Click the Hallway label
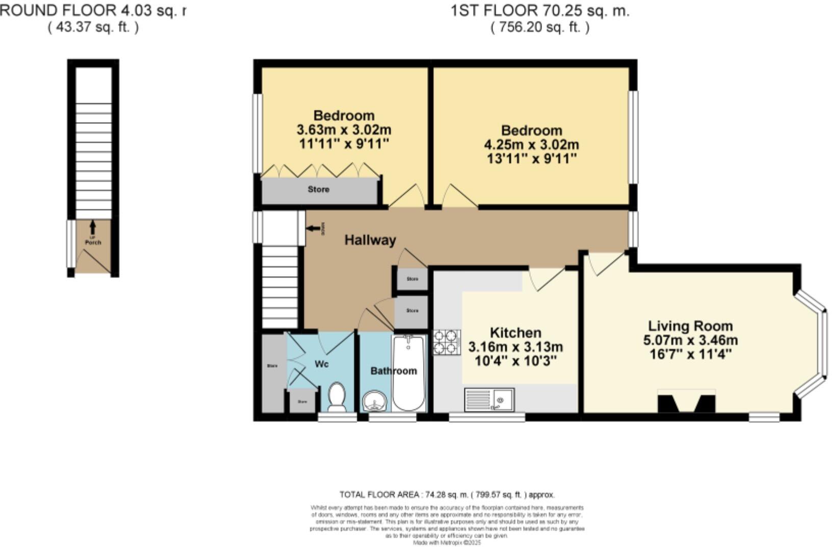(x=370, y=240)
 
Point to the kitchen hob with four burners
(x=447, y=342)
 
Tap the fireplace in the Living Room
(x=686, y=402)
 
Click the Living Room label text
(x=690, y=326)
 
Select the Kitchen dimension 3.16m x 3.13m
(x=515, y=347)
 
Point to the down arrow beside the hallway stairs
(x=313, y=229)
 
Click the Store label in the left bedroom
(x=318, y=189)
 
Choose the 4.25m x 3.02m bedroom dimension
(x=531, y=144)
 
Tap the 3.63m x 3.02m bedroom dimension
(x=344, y=130)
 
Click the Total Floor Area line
(x=447, y=494)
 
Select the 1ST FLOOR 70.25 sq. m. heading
(x=540, y=11)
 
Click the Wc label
(x=322, y=364)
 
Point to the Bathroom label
(x=394, y=371)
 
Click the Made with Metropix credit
(x=447, y=543)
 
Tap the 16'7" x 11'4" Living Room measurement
(x=691, y=354)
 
